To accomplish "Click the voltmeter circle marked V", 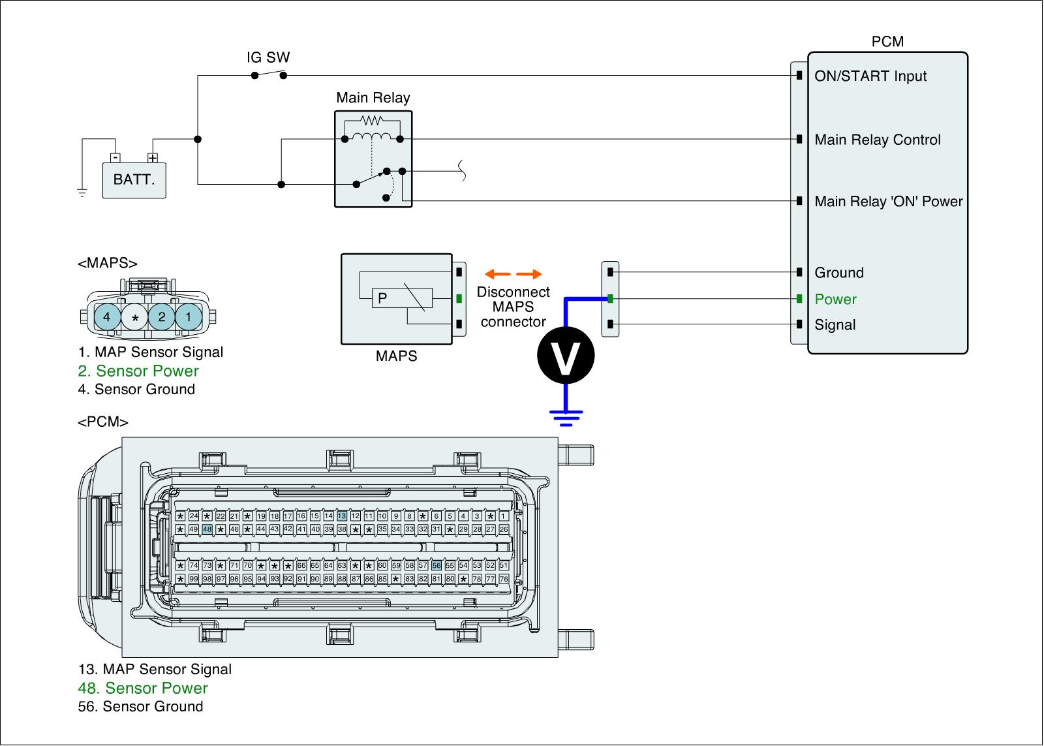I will click(x=566, y=356).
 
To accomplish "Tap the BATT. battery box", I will click(x=134, y=179).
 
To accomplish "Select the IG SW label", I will click(x=268, y=57).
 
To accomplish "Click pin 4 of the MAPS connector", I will click(x=107, y=318).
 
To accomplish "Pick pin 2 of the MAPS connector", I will click(x=161, y=318).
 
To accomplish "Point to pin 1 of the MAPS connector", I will click(x=189, y=318).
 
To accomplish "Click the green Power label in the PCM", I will click(x=835, y=300).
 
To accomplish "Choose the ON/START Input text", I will click(x=870, y=76).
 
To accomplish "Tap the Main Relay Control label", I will click(x=878, y=140).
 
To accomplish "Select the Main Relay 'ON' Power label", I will click(x=888, y=202).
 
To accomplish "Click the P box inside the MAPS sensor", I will click(x=382, y=298).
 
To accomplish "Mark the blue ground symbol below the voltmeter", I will click(x=566, y=416).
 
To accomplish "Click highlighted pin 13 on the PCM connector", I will click(x=341, y=516).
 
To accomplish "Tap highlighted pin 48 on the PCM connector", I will click(x=207, y=529).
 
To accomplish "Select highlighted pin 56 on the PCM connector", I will click(x=437, y=566).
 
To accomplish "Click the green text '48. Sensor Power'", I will click(x=143, y=688).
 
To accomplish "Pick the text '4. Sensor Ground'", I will click(x=136, y=390).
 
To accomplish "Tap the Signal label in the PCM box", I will click(x=835, y=325).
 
